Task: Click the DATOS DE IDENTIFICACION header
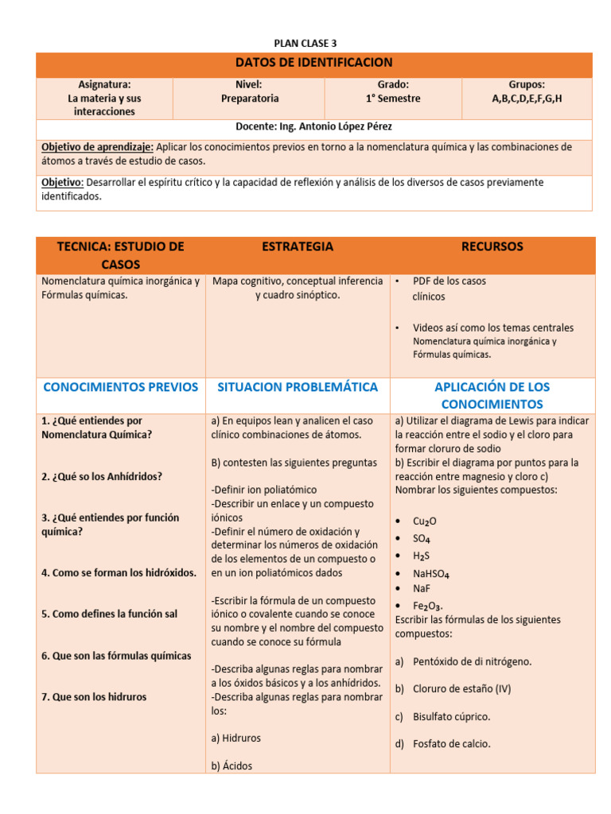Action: pyautogui.click(x=313, y=63)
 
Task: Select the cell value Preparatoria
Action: pyautogui.click(x=249, y=99)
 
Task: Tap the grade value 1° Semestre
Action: pyautogui.click(x=393, y=99)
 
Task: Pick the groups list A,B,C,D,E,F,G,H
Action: pyautogui.click(x=527, y=99)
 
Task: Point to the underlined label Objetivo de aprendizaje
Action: pyautogui.click(x=97, y=147)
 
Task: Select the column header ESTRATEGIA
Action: pyautogui.click(x=298, y=246)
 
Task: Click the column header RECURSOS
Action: pyautogui.click(x=492, y=246)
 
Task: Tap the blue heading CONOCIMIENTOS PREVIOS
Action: pyautogui.click(x=120, y=387)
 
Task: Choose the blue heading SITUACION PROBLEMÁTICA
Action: pyautogui.click(x=298, y=387)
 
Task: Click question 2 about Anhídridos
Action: pyautogui.click(x=101, y=476)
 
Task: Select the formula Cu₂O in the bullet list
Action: pyautogui.click(x=424, y=521)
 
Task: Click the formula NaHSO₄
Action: pyautogui.click(x=431, y=572)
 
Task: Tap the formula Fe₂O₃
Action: pyautogui.click(x=427, y=606)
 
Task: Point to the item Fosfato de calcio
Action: pyautogui.click(x=451, y=744)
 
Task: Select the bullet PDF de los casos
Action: pyautogui.click(x=449, y=281)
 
